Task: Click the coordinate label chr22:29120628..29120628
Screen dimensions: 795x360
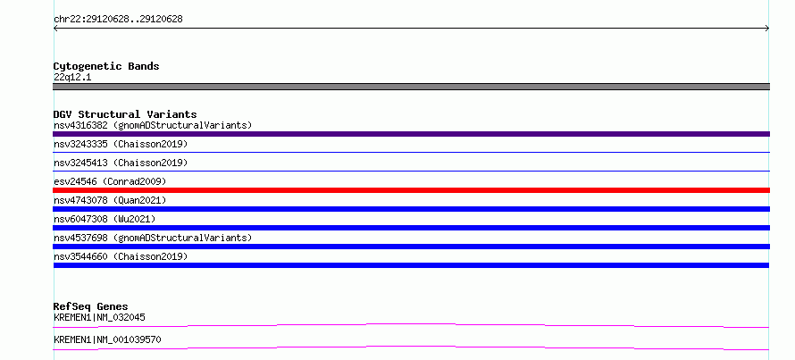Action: pyautogui.click(x=118, y=20)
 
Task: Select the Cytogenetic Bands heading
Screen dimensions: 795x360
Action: pyautogui.click(x=106, y=66)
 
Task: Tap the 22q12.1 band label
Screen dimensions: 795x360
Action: pyautogui.click(x=72, y=78)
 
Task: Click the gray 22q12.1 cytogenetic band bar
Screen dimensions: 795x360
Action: pyautogui.click(x=411, y=87)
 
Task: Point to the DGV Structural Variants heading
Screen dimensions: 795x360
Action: pyautogui.click(x=125, y=114)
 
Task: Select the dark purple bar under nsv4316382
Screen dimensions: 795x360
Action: pyautogui.click(x=411, y=134)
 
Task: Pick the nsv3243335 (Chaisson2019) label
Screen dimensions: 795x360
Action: pyautogui.click(x=121, y=144)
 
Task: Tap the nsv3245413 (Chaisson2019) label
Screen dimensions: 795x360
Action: pyautogui.click(x=121, y=163)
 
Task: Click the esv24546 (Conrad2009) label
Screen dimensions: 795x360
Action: pyautogui.click(x=110, y=181)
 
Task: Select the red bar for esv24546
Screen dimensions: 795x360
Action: pyautogui.click(x=411, y=190)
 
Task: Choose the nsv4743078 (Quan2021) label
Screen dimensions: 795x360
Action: pyautogui.click(x=110, y=200)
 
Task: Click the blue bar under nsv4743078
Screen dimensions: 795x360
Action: pyautogui.click(x=411, y=209)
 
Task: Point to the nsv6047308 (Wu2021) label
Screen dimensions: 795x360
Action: pyautogui.click(x=105, y=219)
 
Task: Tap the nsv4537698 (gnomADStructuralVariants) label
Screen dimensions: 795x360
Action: pyautogui.click(x=153, y=238)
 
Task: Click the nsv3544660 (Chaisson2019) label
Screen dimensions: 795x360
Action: pyautogui.click(x=121, y=256)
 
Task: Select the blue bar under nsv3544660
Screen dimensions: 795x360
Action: pyautogui.click(x=411, y=265)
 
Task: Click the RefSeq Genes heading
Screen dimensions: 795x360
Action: pyautogui.click(x=91, y=306)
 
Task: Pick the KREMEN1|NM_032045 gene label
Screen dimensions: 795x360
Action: pyautogui.click(x=99, y=317)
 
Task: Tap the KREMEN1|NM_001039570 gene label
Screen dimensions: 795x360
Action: pyautogui.click(x=107, y=339)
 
